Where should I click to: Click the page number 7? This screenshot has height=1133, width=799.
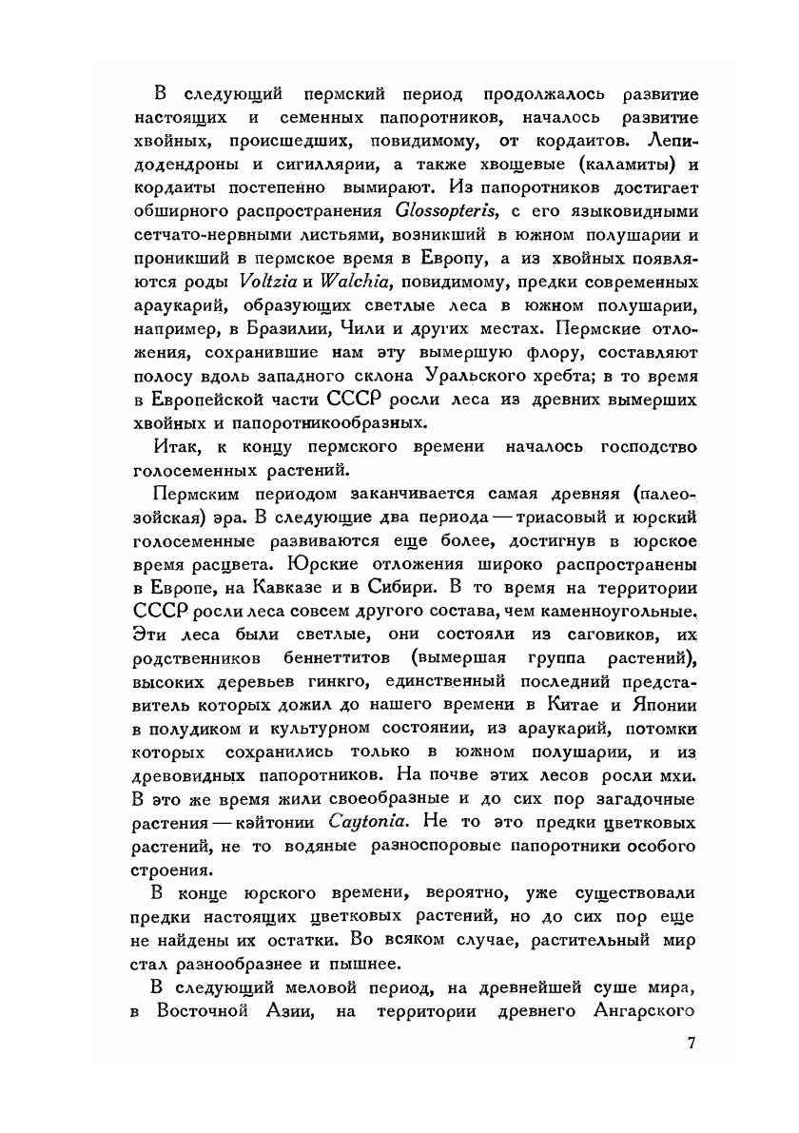pos(692,1042)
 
